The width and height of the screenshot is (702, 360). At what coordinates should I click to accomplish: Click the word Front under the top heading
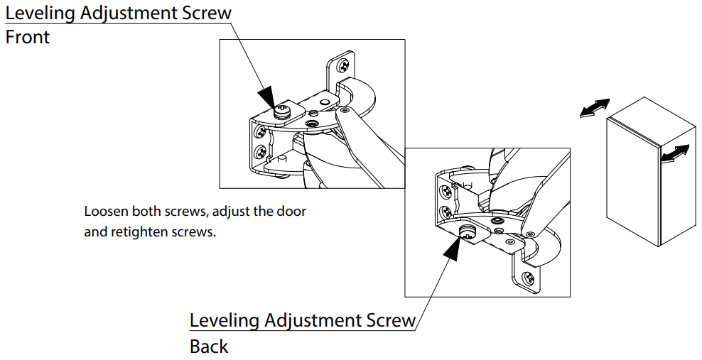click(28, 38)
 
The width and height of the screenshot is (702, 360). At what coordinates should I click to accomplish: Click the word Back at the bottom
click(209, 347)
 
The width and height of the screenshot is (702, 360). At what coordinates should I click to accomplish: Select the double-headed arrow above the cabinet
click(594, 107)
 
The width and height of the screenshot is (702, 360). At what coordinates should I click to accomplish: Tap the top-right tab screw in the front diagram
click(344, 65)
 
